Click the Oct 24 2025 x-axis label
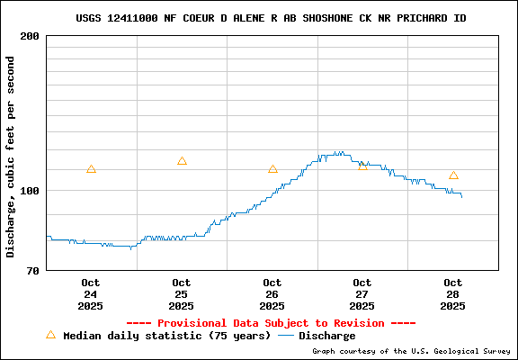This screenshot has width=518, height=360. (x=90, y=294)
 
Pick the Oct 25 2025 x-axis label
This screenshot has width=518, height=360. (x=181, y=294)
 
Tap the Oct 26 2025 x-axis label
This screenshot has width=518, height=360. (x=272, y=294)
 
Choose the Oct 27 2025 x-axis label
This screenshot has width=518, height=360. (x=362, y=294)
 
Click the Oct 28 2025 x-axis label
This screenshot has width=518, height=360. (x=453, y=294)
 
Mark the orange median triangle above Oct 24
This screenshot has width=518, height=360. (x=91, y=169)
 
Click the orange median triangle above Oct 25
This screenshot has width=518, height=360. (x=182, y=161)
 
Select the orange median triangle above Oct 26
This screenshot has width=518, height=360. (x=272, y=169)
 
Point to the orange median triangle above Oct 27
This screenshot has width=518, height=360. (x=362, y=166)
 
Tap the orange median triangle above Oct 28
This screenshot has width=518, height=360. (x=453, y=175)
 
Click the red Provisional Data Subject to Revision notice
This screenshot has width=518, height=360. (x=271, y=323)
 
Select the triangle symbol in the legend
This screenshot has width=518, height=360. (x=50, y=335)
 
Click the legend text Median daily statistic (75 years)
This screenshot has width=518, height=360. (x=166, y=336)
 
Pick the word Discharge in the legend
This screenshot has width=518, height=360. (x=326, y=336)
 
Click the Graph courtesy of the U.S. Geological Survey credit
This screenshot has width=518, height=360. (x=411, y=352)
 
